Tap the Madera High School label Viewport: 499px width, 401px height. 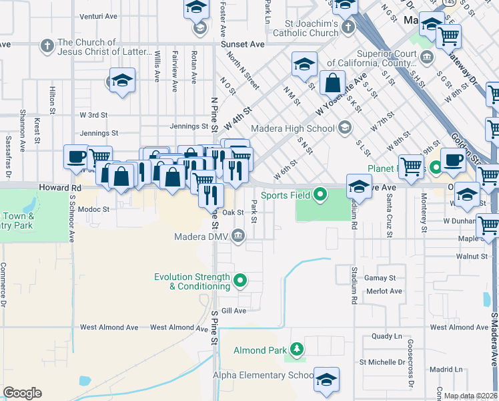pos(292,128)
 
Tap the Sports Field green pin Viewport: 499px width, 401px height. pos(321,195)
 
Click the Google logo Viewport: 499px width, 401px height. pos(22,393)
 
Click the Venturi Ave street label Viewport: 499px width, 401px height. pos(98,17)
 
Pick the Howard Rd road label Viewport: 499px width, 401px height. pos(59,188)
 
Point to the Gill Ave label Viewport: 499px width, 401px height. pos(234,311)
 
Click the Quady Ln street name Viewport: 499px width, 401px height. pos(388,336)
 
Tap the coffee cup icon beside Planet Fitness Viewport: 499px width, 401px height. pos(454,161)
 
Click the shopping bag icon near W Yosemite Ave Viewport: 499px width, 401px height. pos(332,83)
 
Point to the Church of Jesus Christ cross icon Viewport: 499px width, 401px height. pos(46,46)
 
